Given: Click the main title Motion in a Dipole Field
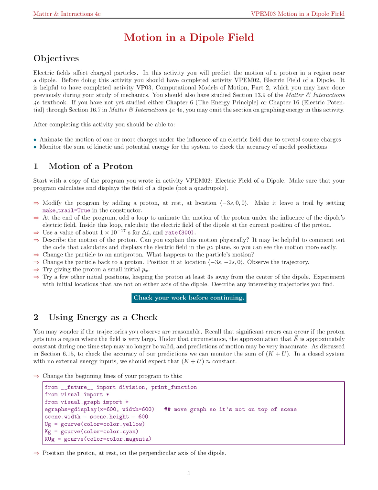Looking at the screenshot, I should [x=189, y=38].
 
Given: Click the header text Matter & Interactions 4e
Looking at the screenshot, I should [x=66, y=14].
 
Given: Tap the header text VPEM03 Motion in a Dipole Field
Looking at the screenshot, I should [x=297, y=14].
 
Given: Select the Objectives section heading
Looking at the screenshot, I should [x=56, y=58].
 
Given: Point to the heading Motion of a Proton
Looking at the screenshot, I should [x=90, y=167].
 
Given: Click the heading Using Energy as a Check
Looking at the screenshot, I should [x=103, y=317].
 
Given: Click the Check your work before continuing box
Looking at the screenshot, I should [x=189, y=298].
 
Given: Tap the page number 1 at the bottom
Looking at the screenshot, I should [x=189, y=474].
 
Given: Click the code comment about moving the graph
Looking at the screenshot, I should [x=230, y=409].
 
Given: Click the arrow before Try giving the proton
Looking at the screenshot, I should [x=36, y=270].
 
